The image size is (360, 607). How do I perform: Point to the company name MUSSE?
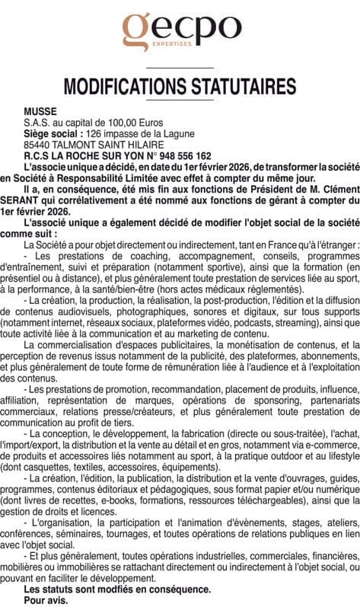click(40, 110)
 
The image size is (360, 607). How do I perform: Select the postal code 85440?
click(38, 144)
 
